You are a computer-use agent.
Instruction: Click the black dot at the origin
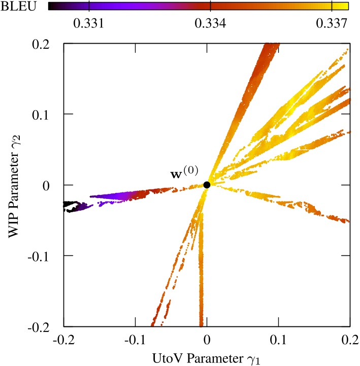click(207, 185)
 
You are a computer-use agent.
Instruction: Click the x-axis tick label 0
click(207, 339)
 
